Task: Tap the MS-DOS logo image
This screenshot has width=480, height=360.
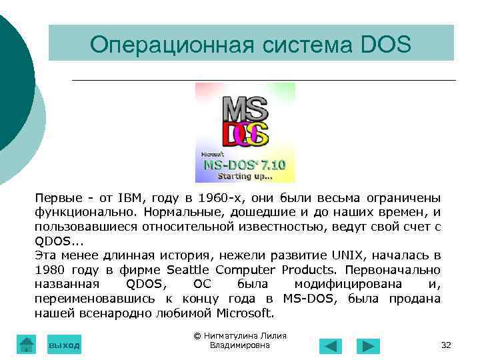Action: pyautogui.click(x=245, y=132)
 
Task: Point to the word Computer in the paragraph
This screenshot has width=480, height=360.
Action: pyautogui.click(x=246, y=270)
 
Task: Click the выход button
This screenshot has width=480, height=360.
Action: pyautogui.click(x=64, y=345)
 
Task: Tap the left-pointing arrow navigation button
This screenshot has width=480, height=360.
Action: pyautogui.click(x=330, y=346)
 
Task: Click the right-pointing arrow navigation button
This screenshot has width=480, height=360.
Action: pyautogui.click(x=368, y=346)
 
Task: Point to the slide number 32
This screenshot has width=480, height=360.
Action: pyautogui.click(x=447, y=345)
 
